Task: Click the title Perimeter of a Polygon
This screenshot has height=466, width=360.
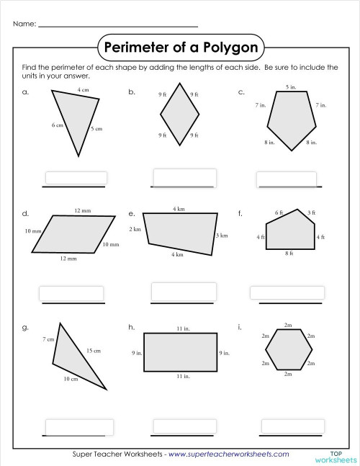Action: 181,48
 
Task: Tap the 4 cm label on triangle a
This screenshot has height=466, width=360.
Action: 83,90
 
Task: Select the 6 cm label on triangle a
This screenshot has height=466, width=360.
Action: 58,125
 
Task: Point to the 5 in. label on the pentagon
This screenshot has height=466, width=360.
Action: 291,86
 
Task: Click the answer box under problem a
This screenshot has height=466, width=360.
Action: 76,178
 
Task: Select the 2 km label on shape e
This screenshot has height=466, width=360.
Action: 135,229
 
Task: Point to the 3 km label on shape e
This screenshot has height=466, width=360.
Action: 222,236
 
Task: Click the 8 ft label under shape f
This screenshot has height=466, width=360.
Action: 289,254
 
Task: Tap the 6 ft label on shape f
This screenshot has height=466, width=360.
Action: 279,212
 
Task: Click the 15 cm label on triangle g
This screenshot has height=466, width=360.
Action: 94,351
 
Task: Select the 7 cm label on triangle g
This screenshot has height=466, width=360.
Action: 49,339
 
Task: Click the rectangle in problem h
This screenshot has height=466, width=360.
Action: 181,352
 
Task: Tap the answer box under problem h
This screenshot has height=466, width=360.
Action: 184,425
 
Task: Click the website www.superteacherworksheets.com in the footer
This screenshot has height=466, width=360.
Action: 229,454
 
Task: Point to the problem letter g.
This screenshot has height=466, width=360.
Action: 25,328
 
